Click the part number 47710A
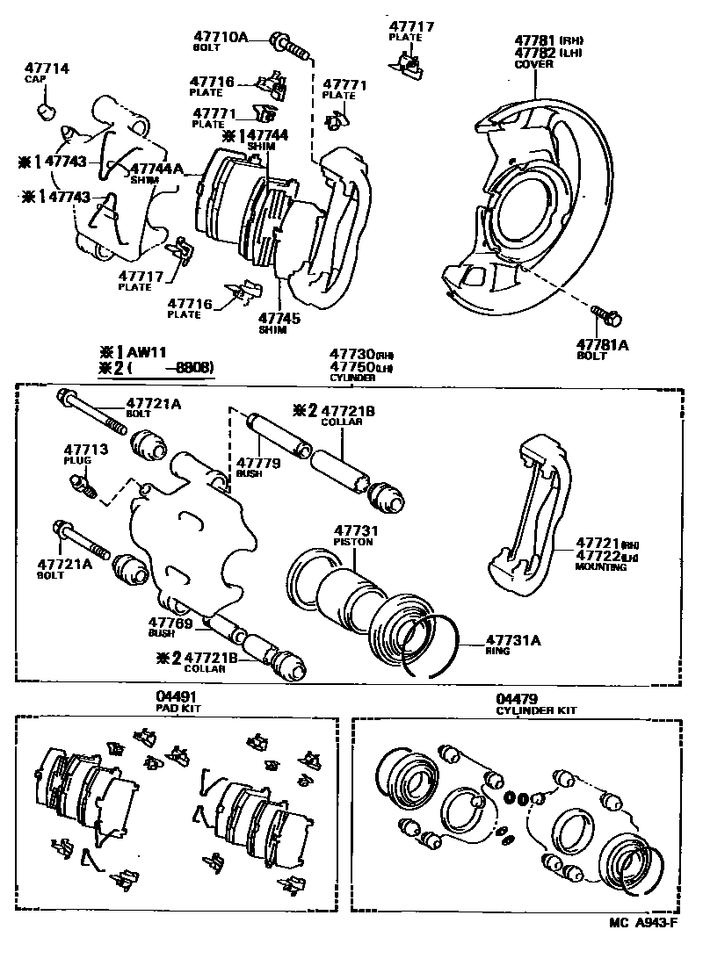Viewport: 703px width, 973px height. tap(221, 36)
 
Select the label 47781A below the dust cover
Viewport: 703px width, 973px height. tap(602, 345)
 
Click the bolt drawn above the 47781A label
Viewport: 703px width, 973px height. tap(600, 312)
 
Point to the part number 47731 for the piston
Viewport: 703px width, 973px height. tap(353, 531)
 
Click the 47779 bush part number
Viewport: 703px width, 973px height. tap(257, 462)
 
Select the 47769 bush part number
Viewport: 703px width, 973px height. tap(170, 622)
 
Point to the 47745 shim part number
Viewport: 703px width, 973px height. tap(279, 319)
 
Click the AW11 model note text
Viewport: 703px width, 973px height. tap(142, 352)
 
